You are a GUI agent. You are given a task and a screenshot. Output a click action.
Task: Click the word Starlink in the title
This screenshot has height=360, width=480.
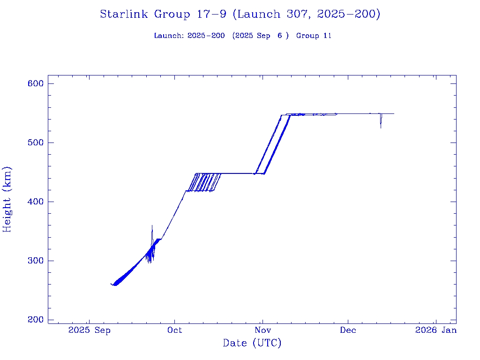point(125,15)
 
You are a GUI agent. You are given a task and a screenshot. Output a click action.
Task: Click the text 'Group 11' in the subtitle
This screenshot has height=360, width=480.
point(314,36)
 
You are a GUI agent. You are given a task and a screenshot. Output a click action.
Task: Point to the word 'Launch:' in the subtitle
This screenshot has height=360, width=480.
point(169,36)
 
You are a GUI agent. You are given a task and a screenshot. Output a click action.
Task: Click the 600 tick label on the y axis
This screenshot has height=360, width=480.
point(35,83)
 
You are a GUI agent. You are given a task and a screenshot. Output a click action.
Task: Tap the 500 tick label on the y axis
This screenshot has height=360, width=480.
point(35,142)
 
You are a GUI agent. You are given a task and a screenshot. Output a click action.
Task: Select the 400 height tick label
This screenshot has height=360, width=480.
point(35,202)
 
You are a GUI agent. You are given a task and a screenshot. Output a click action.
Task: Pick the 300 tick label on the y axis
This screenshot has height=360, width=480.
point(35,261)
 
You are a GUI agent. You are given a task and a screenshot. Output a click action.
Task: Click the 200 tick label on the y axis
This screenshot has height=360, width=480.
point(35,320)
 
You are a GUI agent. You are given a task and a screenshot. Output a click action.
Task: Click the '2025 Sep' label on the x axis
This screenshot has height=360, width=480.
point(89,330)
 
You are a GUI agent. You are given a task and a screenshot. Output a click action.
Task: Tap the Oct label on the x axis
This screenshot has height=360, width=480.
point(175,330)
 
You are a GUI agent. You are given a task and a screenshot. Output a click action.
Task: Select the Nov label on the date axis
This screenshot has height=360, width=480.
point(262,330)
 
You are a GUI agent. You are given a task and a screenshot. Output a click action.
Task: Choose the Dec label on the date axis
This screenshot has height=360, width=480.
point(348,330)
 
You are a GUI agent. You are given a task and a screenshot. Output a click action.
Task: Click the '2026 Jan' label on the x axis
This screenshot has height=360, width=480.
point(435,330)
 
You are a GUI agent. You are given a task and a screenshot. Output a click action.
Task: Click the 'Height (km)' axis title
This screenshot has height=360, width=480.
point(7,199)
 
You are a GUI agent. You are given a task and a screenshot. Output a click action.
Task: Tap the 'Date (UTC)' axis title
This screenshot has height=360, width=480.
point(252,344)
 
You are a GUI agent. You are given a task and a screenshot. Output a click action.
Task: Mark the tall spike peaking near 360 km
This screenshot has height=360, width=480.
point(152,226)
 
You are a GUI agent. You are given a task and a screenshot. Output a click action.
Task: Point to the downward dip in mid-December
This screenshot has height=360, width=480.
point(381,127)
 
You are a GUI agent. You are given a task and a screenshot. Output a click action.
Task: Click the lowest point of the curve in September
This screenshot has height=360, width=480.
point(114,285)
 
